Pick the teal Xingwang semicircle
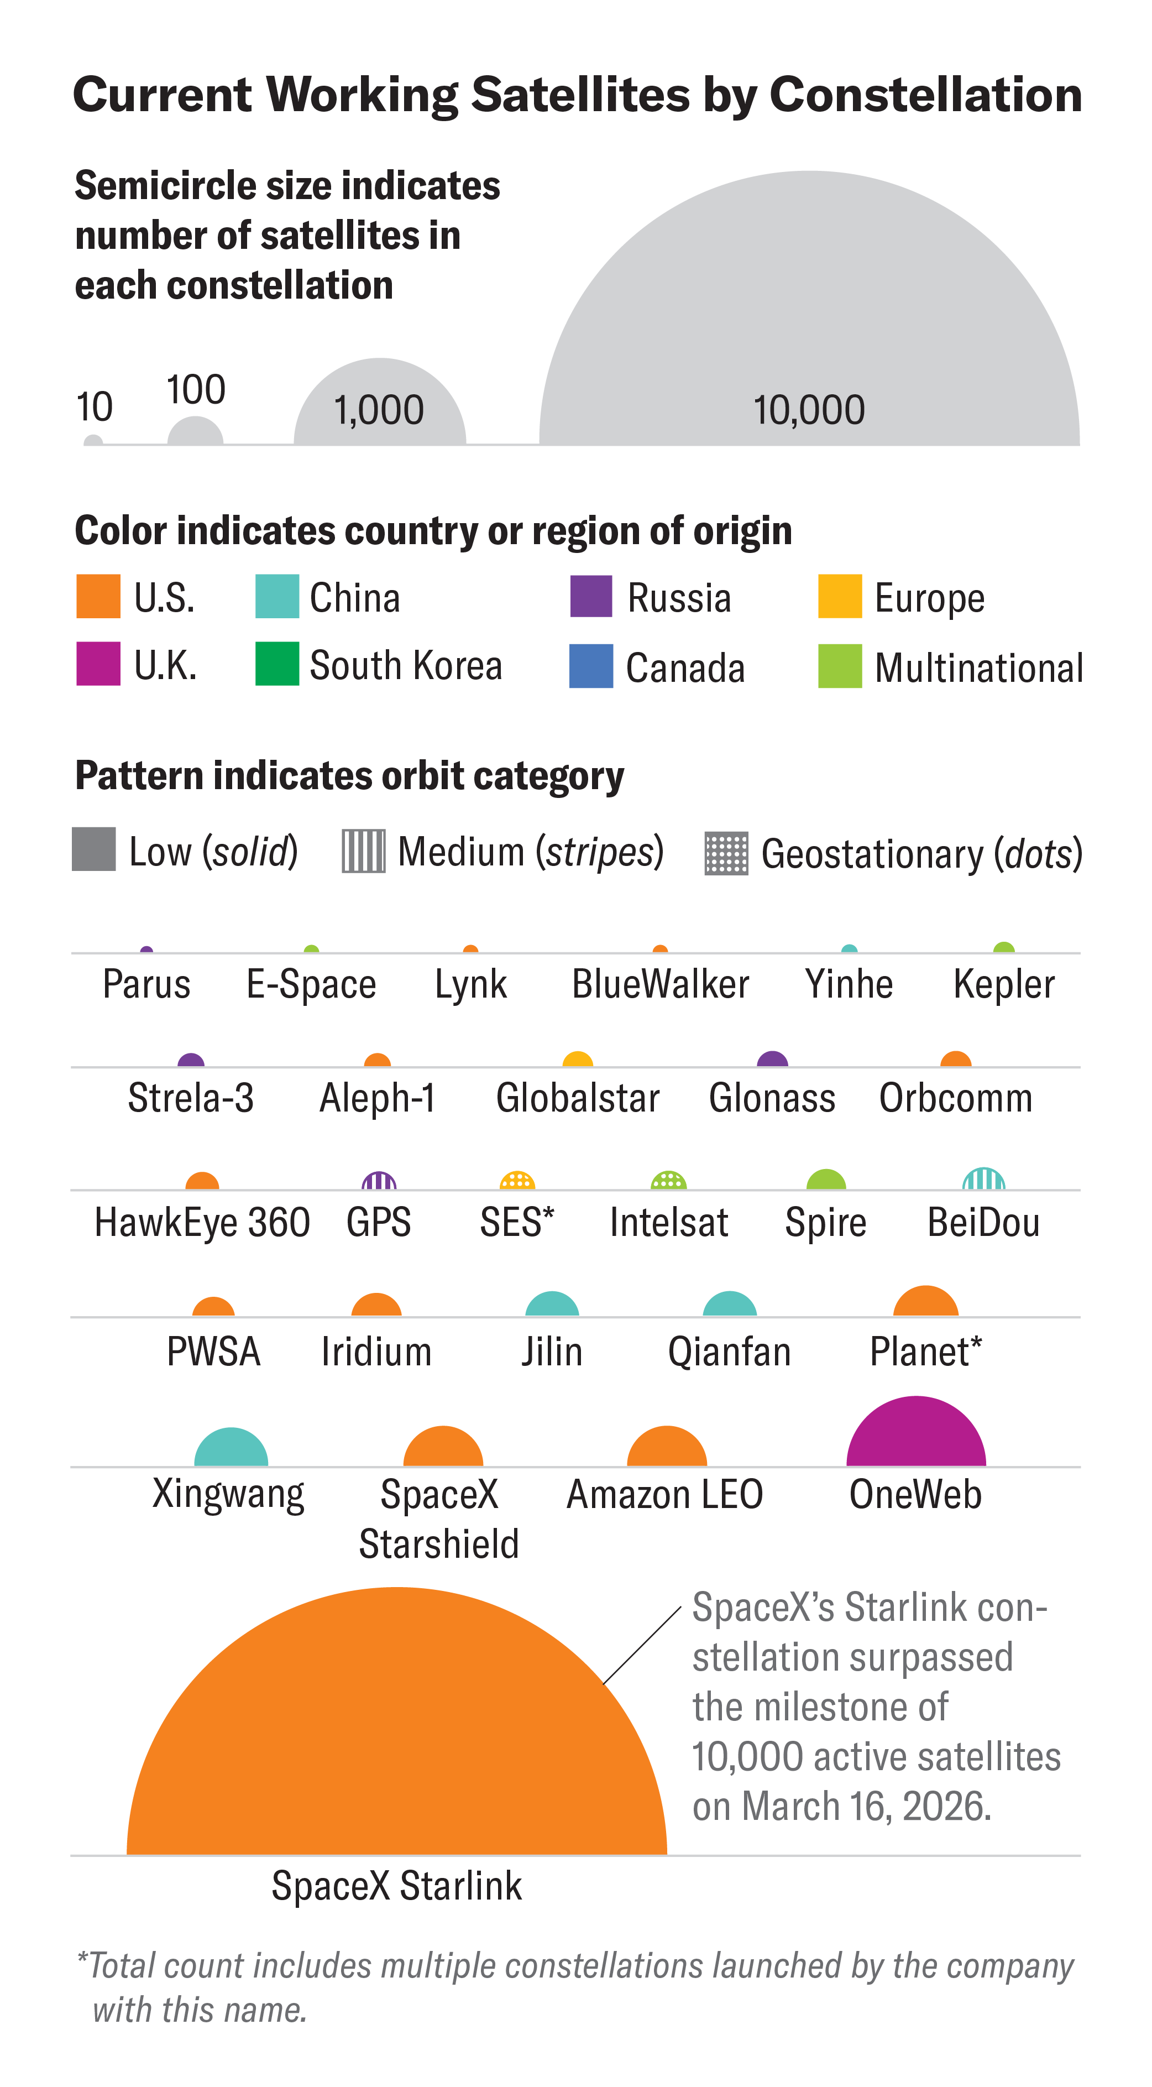[x=231, y=1450]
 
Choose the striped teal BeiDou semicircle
[x=983, y=1181]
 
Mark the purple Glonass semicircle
[x=772, y=1061]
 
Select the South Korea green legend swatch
[x=276, y=664]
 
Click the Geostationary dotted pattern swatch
[x=726, y=853]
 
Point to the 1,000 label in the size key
[x=379, y=411]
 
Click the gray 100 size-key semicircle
[x=195, y=432]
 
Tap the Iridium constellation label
[x=376, y=1352]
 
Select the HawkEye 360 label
[x=202, y=1223]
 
